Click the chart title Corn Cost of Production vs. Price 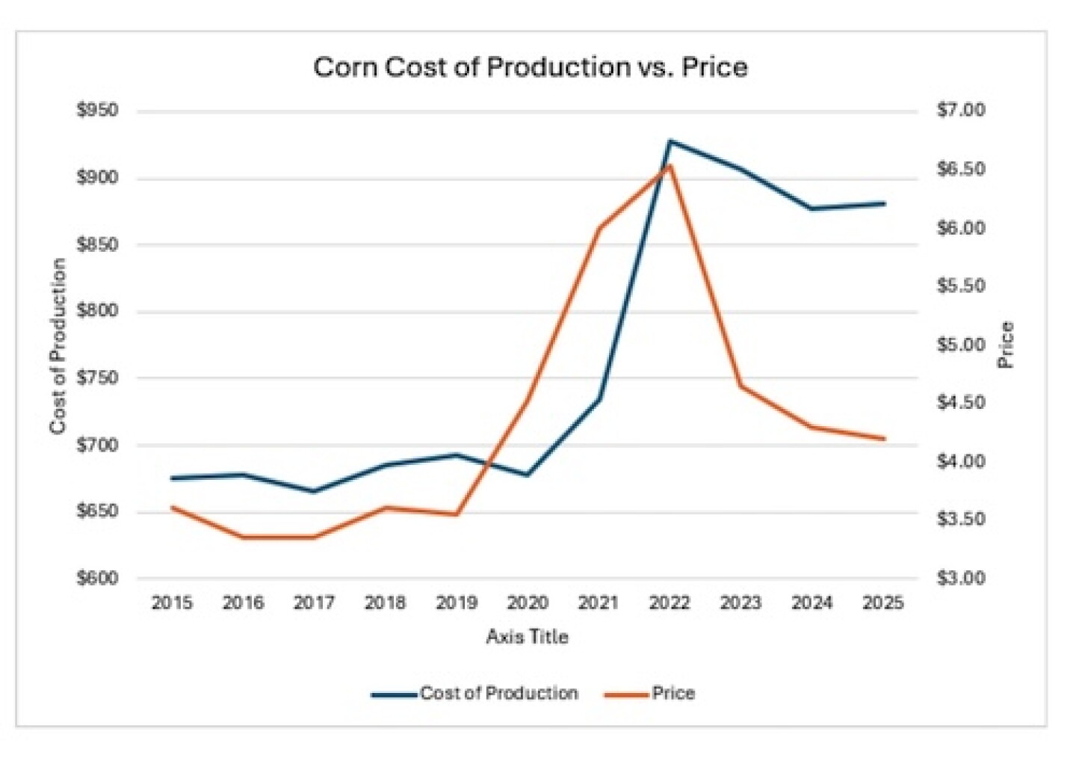pyautogui.click(x=530, y=67)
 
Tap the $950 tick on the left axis pyautogui.click(x=97, y=111)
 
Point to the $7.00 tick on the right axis pyautogui.click(x=961, y=111)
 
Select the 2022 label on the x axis pyautogui.click(x=669, y=603)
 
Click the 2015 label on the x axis pyautogui.click(x=172, y=603)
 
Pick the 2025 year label pyautogui.click(x=882, y=603)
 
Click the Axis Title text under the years pyautogui.click(x=527, y=637)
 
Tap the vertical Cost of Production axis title pyautogui.click(x=58, y=345)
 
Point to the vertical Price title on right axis pyautogui.click(x=1007, y=345)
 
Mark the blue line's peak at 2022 pyautogui.click(x=670, y=141)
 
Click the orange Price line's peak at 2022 pyautogui.click(x=670, y=165)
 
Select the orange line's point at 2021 pyautogui.click(x=599, y=227)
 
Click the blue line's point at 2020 pyautogui.click(x=528, y=475)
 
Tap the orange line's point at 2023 pyautogui.click(x=740, y=386)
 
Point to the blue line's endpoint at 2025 pyautogui.click(x=884, y=203)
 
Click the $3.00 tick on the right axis pyautogui.click(x=961, y=578)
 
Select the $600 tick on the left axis pyautogui.click(x=97, y=578)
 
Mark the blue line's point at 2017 pyautogui.click(x=314, y=491)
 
